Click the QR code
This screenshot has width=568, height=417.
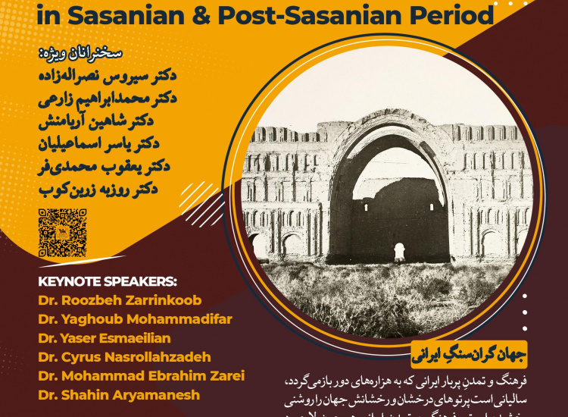click(x=62, y=232)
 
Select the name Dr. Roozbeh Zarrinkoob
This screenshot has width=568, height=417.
click(x=120, y=299)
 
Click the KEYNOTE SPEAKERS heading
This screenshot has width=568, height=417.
click(x=107, y=279)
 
